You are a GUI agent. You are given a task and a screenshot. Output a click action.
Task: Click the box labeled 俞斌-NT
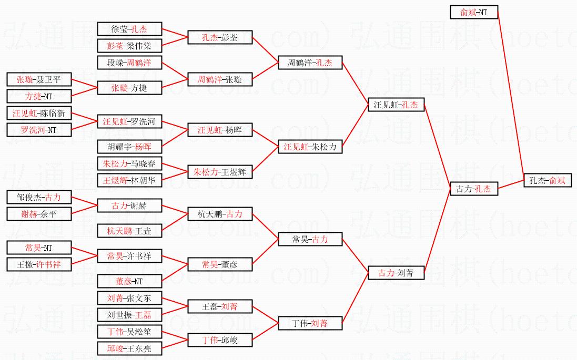(x=474, y=12)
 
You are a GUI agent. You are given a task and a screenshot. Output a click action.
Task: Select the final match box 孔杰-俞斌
(x=548, y=180)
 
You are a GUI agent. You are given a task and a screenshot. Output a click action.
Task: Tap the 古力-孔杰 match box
(x=474, y=189)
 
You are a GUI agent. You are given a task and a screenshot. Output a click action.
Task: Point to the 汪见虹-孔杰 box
(x=396, y=105)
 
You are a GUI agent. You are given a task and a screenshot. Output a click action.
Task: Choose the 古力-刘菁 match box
(x=396, y=273)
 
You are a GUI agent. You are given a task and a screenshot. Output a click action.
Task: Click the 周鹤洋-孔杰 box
(x=310, y=63)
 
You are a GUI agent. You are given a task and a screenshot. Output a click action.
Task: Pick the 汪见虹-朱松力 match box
(x=310, y=147)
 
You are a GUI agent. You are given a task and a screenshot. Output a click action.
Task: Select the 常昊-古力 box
(x=310, y=239)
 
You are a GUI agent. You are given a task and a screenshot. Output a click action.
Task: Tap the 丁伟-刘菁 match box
(x=310, y=323)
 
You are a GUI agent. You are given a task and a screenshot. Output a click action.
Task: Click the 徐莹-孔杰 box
(x=129, y=29)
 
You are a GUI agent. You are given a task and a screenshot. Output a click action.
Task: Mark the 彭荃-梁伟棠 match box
(x=129, y=46)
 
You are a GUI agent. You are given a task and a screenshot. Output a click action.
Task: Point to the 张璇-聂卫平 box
(x=38, y=80)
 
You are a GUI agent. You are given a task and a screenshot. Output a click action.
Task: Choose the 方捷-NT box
(x=38, y=96)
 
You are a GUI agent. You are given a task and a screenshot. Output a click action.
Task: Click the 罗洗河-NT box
(x=38, y=130)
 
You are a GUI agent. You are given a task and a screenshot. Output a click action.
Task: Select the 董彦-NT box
(x=129, y=281)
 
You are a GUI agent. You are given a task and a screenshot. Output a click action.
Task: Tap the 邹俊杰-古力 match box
(x=38, y=198)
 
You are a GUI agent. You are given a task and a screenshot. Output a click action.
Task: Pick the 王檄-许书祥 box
(x=38, y=264)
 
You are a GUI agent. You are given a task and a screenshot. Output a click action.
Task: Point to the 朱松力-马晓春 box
(x=129, y=163)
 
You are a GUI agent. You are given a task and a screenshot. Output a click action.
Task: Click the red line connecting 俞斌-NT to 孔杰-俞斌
(x=511, y=95)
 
